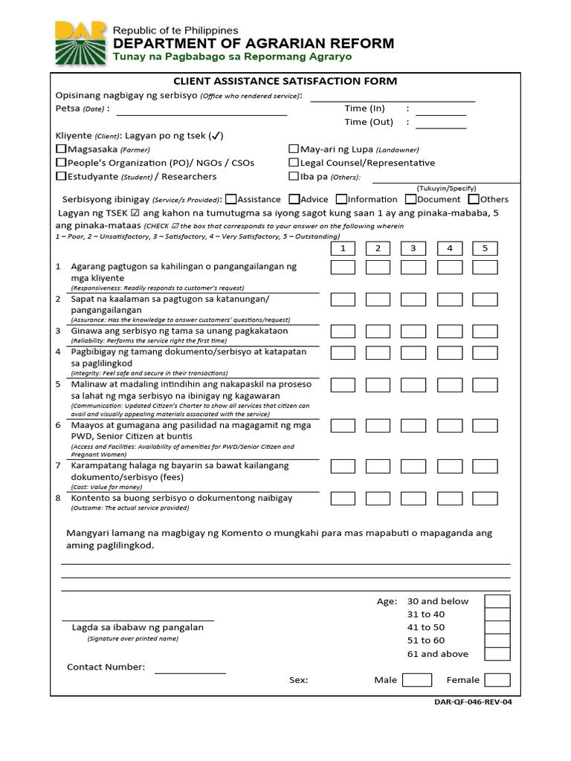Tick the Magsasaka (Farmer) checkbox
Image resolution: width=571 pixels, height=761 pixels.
point(61,149)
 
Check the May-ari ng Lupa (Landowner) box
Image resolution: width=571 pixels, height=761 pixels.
point(294,149)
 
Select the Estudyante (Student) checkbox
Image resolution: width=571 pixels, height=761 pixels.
point(61,177)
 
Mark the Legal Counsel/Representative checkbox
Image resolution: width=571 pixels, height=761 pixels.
point(294,163)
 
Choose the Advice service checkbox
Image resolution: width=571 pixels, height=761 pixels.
point(294,199)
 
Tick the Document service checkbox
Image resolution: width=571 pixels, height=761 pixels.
point(410,199)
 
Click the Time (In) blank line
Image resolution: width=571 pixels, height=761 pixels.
point(441,114)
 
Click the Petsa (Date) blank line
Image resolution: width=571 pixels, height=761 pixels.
point(201,114)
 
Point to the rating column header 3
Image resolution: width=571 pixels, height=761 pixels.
point(413,248)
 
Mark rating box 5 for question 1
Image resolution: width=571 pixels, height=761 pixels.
point(485,268)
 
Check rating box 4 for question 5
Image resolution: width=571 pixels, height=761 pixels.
point(449,385)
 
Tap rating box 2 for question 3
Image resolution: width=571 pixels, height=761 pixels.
point(378,331)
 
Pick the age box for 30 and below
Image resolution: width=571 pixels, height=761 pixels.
point(497,601)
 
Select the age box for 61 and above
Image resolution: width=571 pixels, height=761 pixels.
point(497,654)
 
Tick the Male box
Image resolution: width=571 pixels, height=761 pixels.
point(416,679)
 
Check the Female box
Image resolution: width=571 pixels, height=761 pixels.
point(497,679)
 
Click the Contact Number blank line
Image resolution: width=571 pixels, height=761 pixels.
point(190,672)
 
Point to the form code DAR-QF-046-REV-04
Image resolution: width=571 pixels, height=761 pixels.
point(473,703)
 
